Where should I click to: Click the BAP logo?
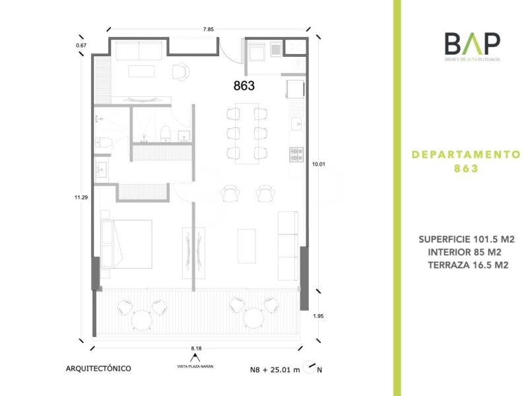(472, 46)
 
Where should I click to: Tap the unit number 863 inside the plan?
(244, 86)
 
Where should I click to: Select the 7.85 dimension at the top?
(208, 29)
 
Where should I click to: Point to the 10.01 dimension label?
(319, 164)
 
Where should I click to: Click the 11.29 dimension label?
(81, 197)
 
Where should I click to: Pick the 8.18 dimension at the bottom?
(196, 348)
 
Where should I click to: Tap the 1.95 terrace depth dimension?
(318, 316)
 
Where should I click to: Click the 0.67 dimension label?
(81, 46)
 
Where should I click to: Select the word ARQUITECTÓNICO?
(98, 368)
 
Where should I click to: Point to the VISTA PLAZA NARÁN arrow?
(195, 358)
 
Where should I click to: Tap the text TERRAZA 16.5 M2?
(468, 265)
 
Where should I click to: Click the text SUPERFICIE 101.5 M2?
(467, 239)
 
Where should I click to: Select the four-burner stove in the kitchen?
(296, 154)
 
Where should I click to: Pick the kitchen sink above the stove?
(298, 124)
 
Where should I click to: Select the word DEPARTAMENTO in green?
(467, 154)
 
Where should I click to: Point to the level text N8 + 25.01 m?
(275, 370)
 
